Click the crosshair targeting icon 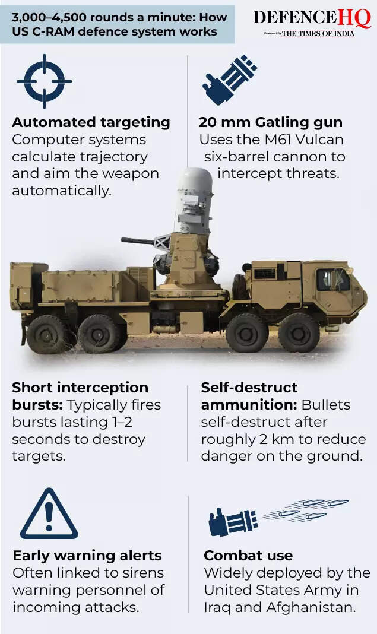44,81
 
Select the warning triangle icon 49,515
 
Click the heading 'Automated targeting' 91,123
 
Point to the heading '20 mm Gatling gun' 271,123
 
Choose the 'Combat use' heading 248,556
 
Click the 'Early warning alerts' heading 87,556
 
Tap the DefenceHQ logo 312,18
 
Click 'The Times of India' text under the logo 318,34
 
